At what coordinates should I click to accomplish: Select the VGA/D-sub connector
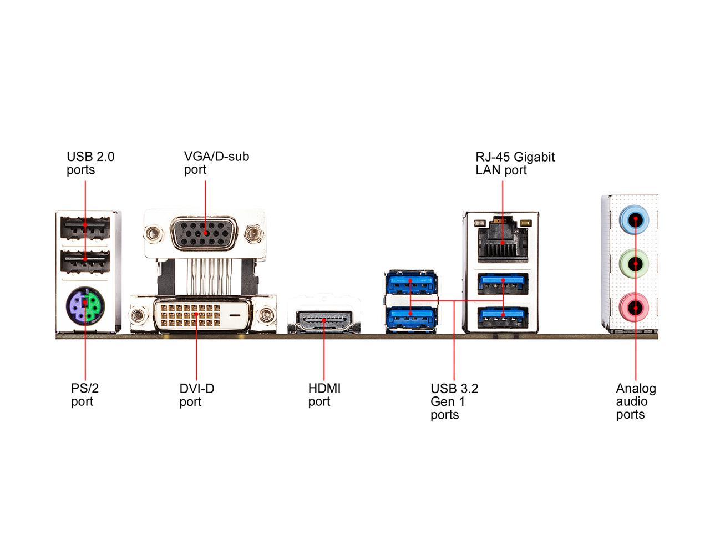pyautogui.click(x=204, y=234)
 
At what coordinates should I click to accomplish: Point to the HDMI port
pyautogui.click(x=324, y=320)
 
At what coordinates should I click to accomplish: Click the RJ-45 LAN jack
pyautogui.click(x=502, y=239)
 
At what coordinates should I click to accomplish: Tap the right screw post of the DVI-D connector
pyautogui.click(x=268, y=316)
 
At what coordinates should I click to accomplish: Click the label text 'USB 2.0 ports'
pyautogui.click(x=90, y=163)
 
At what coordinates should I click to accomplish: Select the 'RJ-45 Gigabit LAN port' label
pyautogui.click(x=515, y=163)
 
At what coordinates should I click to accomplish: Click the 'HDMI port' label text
pyautogui.click(x=324, y=395)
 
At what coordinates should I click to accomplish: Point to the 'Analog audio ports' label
pyautogui.click(x=636, y=401)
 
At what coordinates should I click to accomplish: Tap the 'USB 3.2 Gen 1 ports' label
pyautogui.click(x=454, y=401)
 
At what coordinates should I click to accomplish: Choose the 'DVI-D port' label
pyautogui.click(x=196, y=395)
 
